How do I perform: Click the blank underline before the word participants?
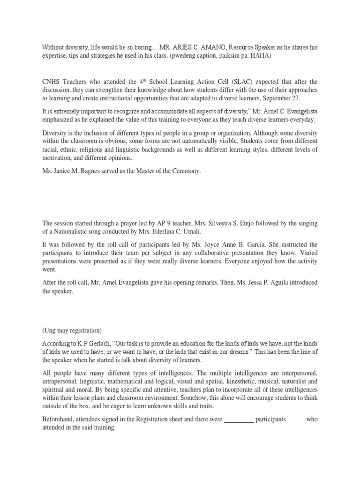[239, 420]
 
